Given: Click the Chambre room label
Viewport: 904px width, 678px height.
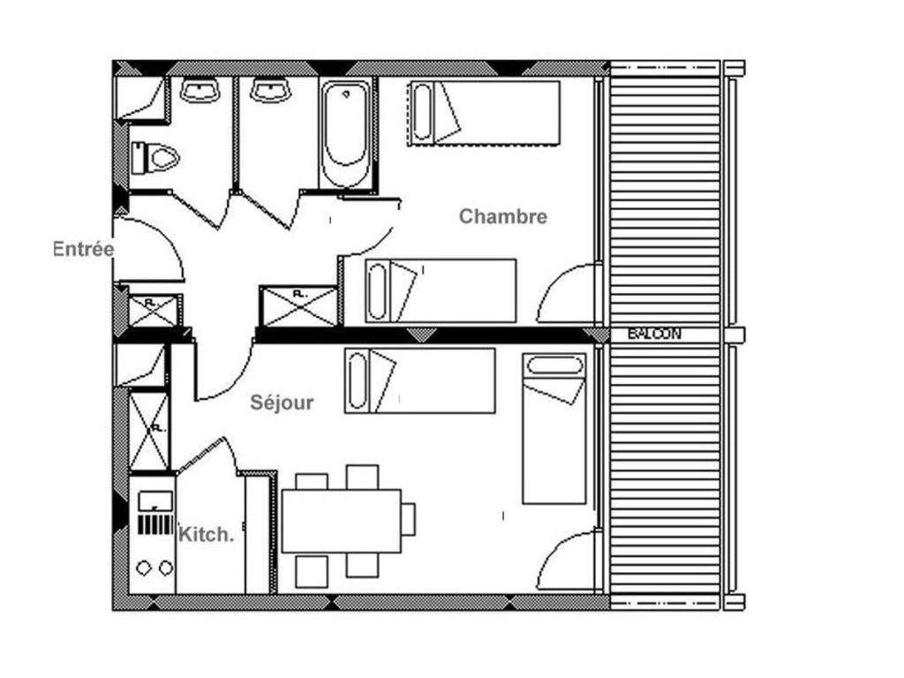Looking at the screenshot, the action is click(x=502, y=216).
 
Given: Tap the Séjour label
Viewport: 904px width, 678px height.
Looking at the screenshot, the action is click(x=282, y=403).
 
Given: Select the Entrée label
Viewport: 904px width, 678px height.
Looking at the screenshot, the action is click(x=84, y=249).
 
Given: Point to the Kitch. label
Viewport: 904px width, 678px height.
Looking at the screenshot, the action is click(x=207, y=534).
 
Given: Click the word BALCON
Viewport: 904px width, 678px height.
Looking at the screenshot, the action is click(x=654, y=334).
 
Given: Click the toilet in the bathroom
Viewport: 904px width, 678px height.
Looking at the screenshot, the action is click(x=155, y=158).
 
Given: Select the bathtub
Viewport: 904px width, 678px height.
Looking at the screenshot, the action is click(x=345, y=134).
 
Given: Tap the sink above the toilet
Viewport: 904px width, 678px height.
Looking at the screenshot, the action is click(x=200, y=91).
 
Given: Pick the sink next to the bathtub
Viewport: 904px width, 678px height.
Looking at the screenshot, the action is click(x=270, y=91).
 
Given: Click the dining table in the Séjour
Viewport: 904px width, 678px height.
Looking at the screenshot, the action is click(x=342, y=521).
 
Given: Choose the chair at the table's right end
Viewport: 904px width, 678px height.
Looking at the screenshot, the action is click(x=408, y=519).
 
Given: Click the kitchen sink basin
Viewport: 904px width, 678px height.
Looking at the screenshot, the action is click(x=154, y=500).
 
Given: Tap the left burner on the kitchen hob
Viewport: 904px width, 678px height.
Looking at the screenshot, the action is click(x=144, y=569).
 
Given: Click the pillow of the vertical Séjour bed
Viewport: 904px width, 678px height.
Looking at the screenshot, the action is click(x=554, y=366).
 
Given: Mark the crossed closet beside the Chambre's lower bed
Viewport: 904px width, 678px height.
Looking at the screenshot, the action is click(x=298, y=306).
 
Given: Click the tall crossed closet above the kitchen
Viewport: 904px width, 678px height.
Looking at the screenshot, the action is click(x=148, y=431).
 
